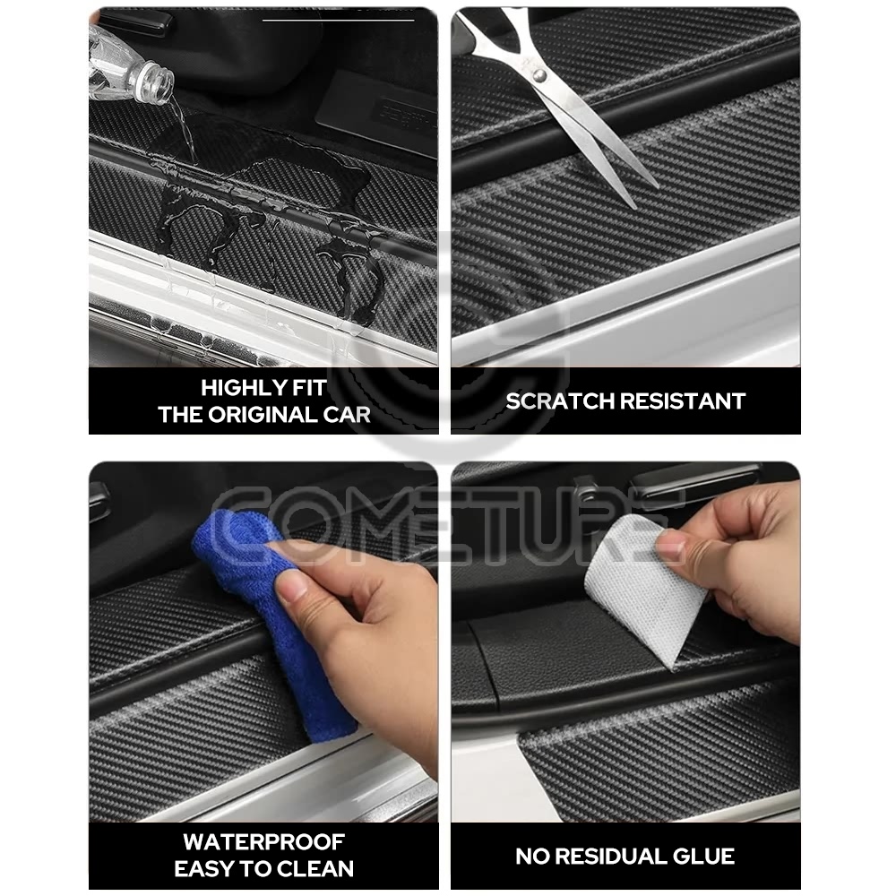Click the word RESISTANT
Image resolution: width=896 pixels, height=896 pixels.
pyautogui.click(x=683, y=401)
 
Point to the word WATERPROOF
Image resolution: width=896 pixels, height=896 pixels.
pyautogui.click(x=264, y=841)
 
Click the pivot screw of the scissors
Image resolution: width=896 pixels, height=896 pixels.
pyautogui.click(x=538, y=74)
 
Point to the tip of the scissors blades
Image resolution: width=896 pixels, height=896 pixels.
pyautogui.click(x=633, y=207)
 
